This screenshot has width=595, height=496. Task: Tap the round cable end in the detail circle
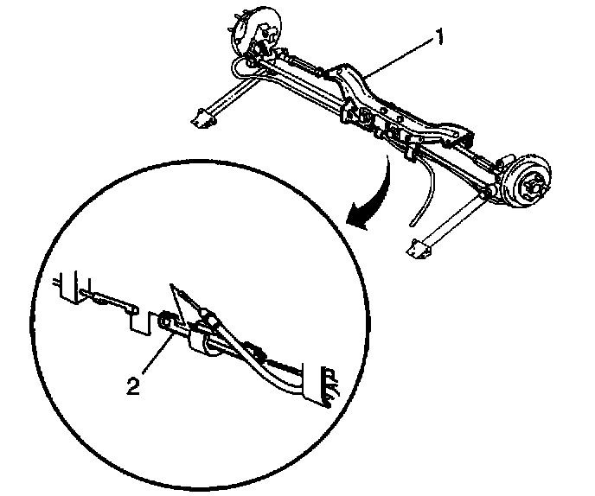click(x=166, y=325)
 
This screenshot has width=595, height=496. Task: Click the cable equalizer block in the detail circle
click(x=201, y=340)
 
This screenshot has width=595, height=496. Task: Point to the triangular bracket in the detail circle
click(x=183, y=302)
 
